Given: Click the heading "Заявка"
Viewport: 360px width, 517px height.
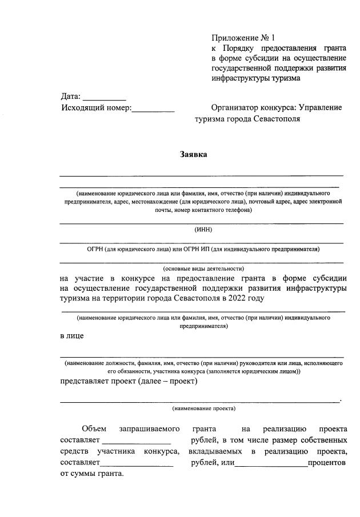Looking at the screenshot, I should click(x=194, y=154).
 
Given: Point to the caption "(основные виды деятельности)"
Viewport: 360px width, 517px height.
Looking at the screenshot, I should click(x=203, y=268).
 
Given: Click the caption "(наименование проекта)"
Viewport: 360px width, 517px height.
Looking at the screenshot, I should click(x=203, y=408).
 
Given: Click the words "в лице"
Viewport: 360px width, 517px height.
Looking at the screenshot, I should click(x=72, y=335).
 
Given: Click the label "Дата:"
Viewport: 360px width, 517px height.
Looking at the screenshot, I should click(x=71, y=96).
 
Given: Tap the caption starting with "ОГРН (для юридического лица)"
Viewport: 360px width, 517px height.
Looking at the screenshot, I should click(x=203, y=249).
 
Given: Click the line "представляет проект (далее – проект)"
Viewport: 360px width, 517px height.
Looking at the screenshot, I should click(x=129, y=382).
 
